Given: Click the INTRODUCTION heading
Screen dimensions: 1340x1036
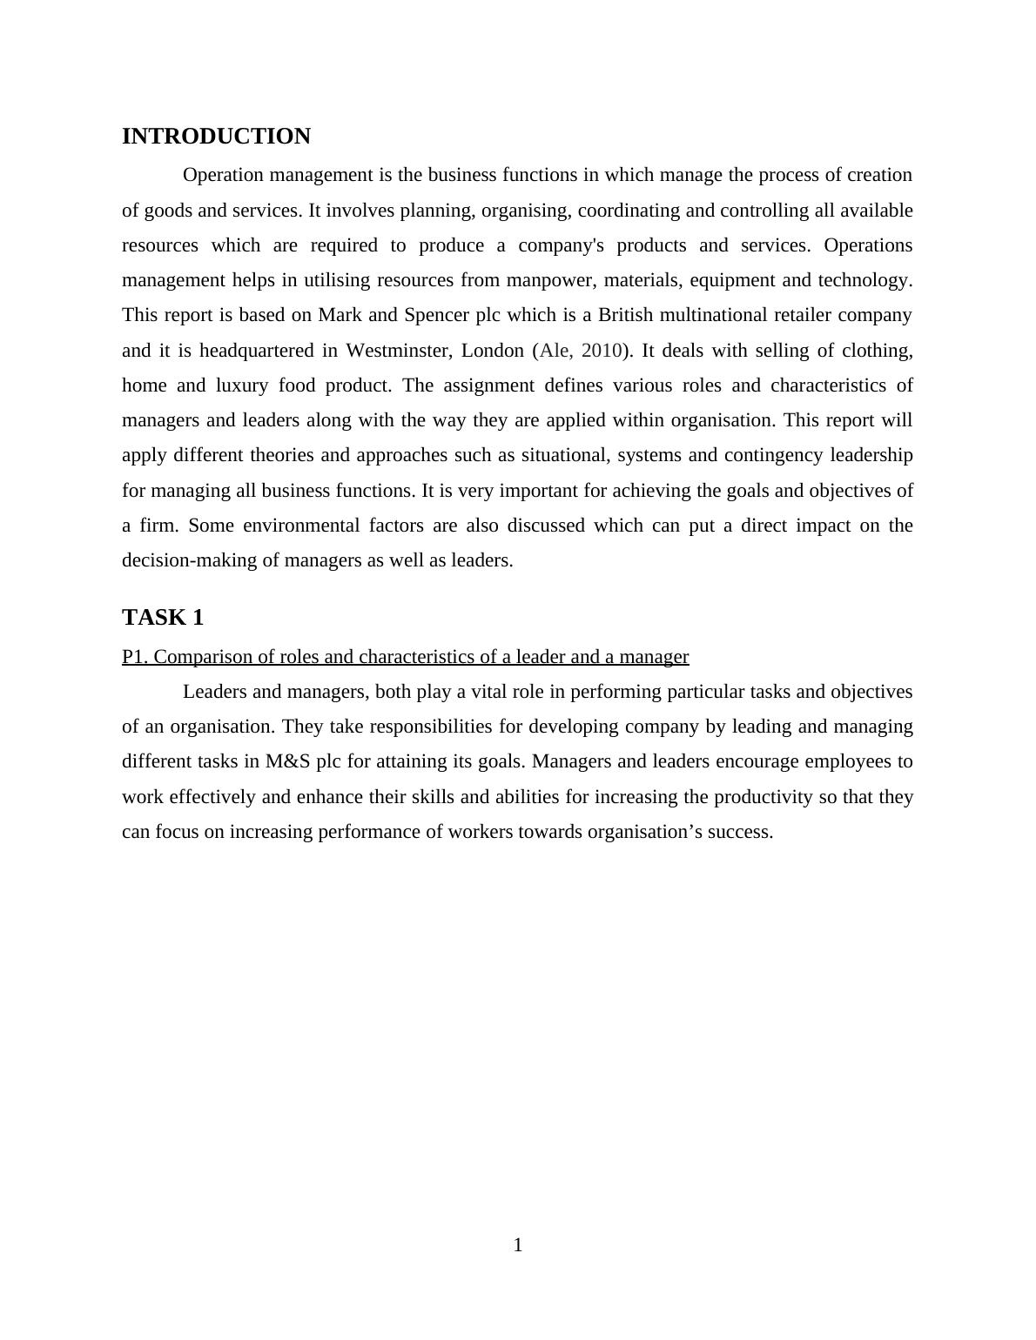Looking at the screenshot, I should coord(216,137).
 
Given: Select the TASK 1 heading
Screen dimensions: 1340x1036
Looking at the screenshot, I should coord(163,618).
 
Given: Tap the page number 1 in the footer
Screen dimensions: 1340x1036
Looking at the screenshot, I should coord(518,1245).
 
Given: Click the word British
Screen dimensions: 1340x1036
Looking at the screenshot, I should coord(625,315).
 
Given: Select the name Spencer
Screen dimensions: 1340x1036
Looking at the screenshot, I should coord(437,315).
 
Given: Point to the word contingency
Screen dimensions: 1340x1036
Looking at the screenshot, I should coord(772,455).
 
